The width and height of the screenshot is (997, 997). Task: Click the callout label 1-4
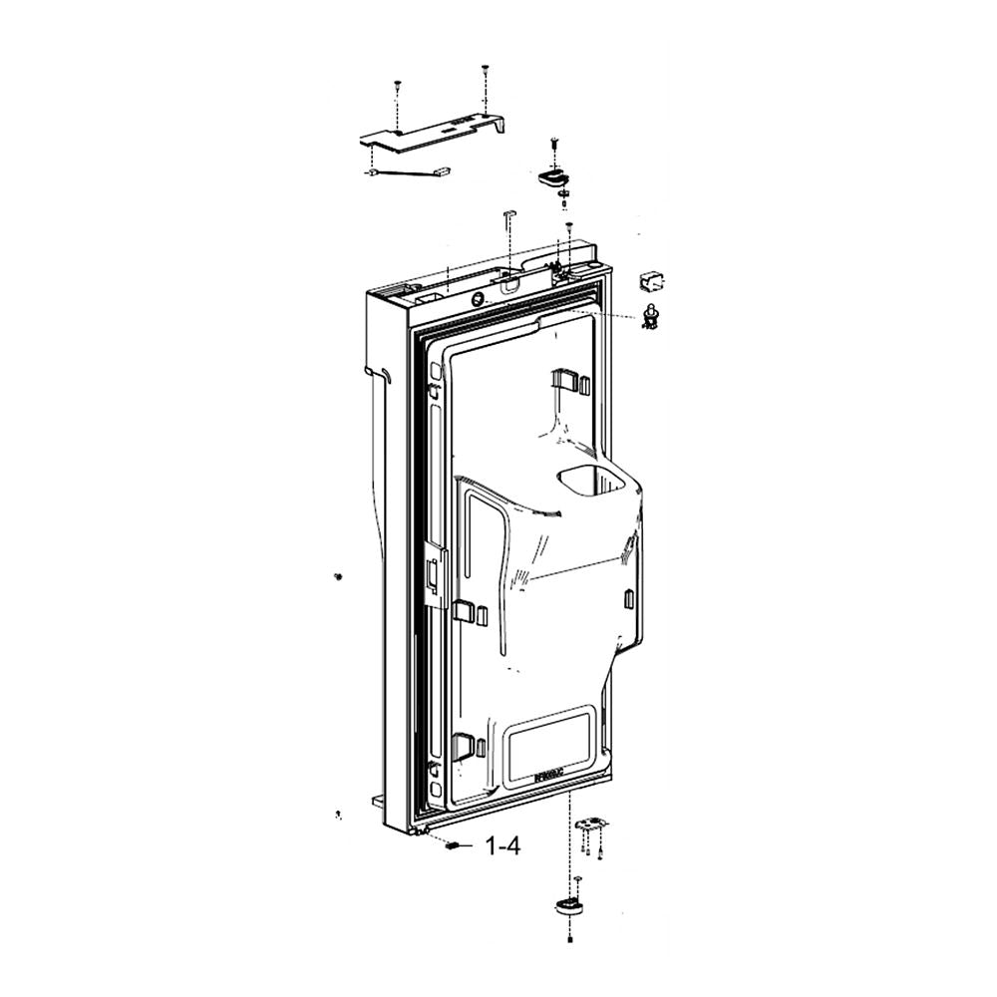502,847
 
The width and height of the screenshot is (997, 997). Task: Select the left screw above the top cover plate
397,85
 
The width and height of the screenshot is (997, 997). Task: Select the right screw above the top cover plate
485,70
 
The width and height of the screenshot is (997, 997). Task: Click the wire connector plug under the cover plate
442,171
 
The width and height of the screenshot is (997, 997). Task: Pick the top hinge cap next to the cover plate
550,177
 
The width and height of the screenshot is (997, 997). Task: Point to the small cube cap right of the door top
651,279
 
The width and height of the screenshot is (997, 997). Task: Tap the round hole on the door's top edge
481,298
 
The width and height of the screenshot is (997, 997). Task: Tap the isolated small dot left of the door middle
338,576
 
